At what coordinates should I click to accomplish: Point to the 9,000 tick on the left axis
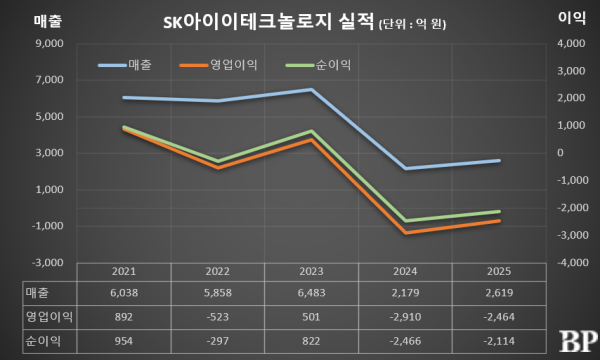point(47,44)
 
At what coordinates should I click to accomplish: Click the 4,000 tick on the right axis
point(571,44)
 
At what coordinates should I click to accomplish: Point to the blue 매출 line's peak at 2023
point(310,90)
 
